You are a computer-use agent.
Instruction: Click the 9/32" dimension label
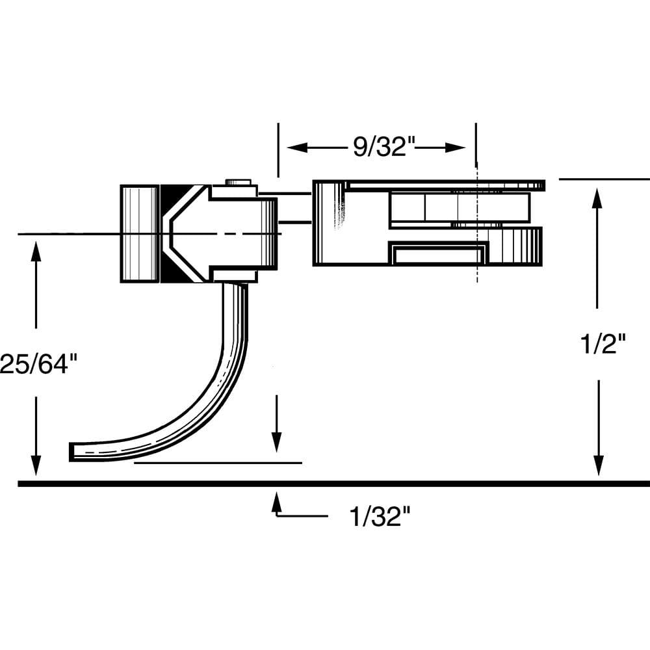(x=383, y=147)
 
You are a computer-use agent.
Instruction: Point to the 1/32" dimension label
(x=380, y=517)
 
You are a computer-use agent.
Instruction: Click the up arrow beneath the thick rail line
(x=277, y=501)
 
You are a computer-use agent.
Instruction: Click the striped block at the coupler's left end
(x=139, y=234)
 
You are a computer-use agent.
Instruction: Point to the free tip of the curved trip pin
(x=73, y=452)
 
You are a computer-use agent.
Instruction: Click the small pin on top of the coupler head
(x=239, y=183)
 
